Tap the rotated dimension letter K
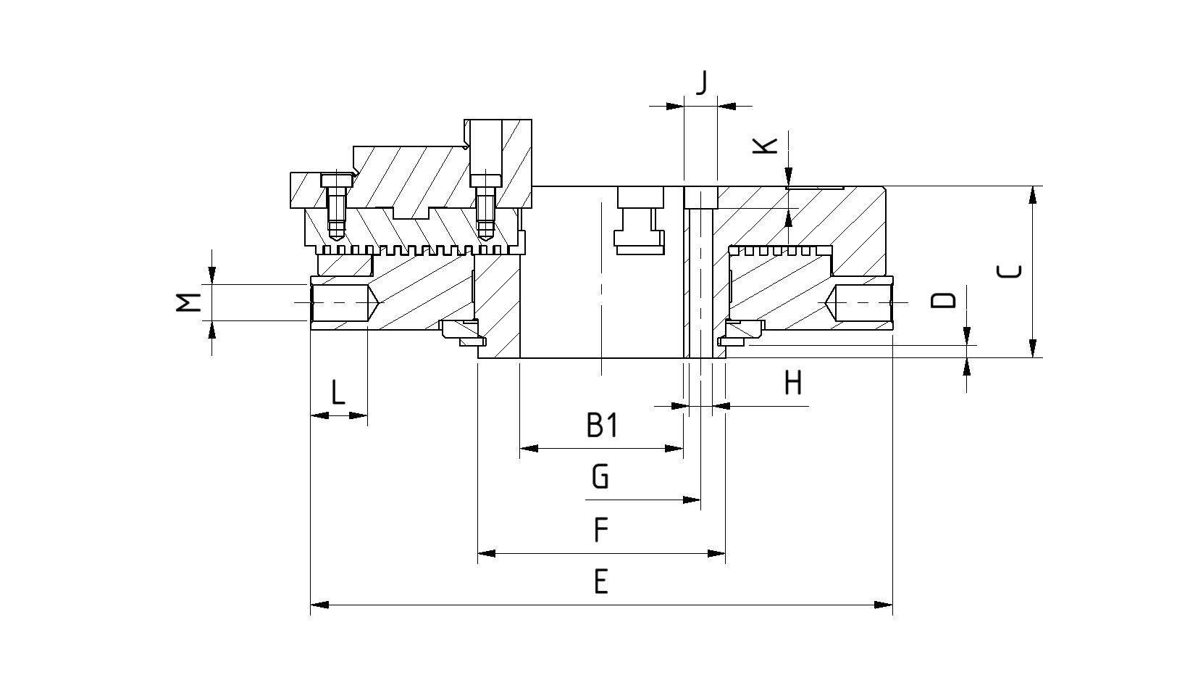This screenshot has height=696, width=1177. (766, 145)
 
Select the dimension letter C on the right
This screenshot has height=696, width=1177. (1010, 271)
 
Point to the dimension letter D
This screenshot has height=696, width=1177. (943, 300)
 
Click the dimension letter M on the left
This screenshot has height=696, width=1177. (189, 302)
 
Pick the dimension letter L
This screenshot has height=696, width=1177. (338, 393)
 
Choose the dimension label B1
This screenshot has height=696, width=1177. (602, 426)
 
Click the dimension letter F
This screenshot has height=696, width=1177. (600, 530)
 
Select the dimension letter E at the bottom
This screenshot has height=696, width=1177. (600, 581)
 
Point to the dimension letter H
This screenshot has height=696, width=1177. (794, 382)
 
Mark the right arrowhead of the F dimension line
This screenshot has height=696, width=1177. (716, 554)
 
